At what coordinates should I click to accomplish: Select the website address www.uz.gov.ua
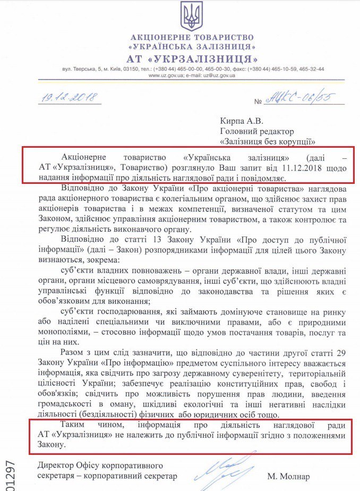pos(164,75)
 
